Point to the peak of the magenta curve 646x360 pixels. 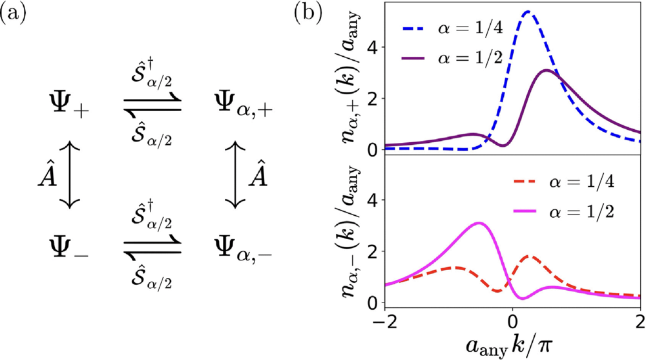click(479, 223)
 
